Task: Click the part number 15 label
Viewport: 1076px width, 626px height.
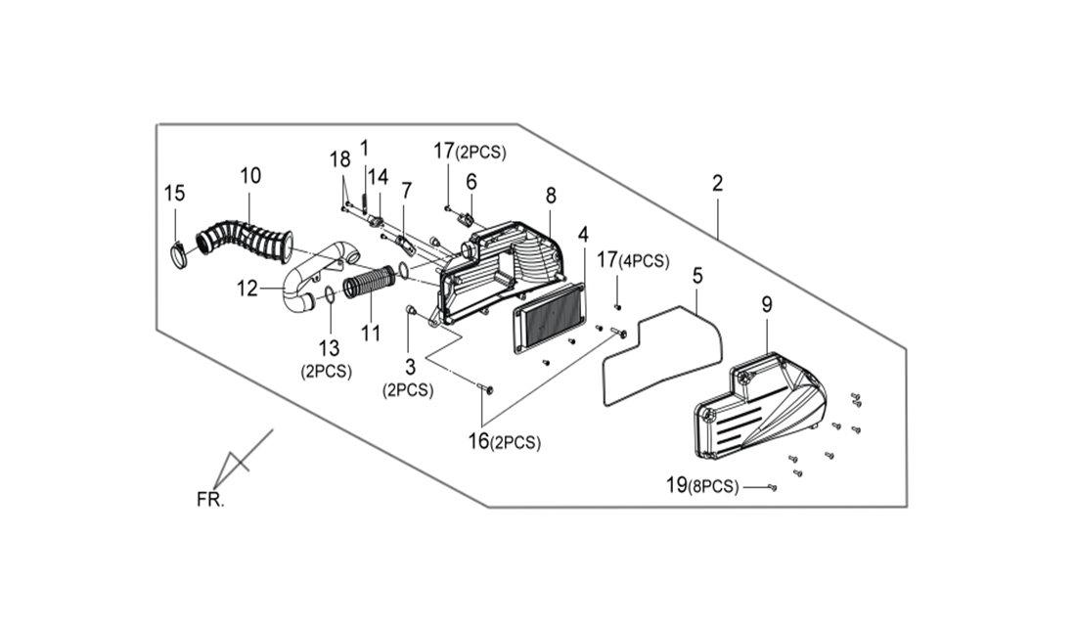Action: point(175,193)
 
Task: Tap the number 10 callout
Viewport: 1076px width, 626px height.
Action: point(250,176)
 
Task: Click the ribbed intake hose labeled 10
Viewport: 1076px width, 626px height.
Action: point(245,238)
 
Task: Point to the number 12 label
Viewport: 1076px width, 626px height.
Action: point(247,289)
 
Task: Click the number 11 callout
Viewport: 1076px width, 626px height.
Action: point(371,334)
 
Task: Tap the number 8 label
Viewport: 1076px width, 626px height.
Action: point(551,196)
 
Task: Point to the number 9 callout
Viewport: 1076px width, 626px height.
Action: point(767,304)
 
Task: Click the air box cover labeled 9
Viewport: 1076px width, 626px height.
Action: point(755,406)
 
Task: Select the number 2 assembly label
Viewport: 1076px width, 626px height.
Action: point(717,183)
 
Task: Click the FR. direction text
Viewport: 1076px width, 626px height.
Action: point(210,500)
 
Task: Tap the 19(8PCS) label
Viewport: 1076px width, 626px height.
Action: point(702,486)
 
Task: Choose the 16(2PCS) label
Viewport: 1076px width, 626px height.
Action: point(505,442)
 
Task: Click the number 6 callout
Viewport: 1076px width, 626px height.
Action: point(471,182)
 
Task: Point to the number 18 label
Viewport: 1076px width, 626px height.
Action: point(339,160)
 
